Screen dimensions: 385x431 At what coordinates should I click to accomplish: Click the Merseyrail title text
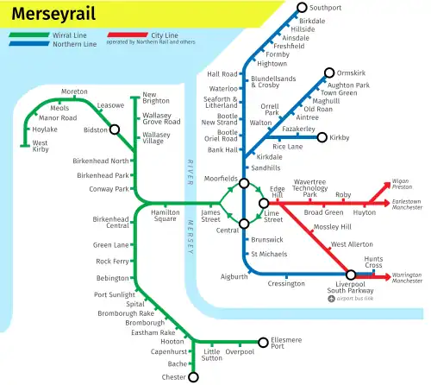point(53,14)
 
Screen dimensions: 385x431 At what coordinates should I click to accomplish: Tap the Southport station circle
point(302,8)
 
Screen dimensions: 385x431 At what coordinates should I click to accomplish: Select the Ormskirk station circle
point(328,73)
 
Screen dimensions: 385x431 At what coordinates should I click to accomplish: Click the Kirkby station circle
point(322,137)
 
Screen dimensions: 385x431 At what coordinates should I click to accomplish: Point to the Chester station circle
point(193,377)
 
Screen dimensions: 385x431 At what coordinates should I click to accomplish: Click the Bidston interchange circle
point(114,129)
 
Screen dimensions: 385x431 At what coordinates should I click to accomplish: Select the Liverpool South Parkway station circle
point(351,275)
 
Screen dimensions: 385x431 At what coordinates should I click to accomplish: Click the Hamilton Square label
point(164,216)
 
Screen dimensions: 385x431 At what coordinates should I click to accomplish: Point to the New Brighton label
point(157,98)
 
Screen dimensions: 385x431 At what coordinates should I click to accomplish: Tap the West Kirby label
point(34,147)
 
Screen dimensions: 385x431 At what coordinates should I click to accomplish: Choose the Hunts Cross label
point(373,262)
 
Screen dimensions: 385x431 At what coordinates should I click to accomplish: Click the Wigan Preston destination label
point(401,184)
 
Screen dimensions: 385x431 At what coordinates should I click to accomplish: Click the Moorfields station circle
point(244,183)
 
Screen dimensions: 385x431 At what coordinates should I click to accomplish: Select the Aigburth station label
point(233,276)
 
